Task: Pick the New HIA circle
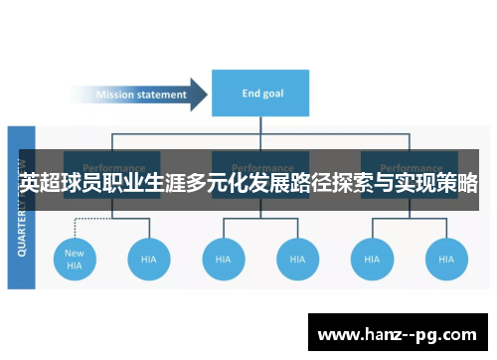coord(75,259)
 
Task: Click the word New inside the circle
coord(75,253)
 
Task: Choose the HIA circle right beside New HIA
coord(149,259)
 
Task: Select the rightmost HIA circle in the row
coord(447,259)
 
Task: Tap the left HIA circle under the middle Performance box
coord(224,259)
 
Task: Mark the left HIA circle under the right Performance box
coord(372,259)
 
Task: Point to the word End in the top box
coord(251,94)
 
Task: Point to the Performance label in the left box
coord(113,167)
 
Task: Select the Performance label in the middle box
coord(260,167)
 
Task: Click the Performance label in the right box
coord(410,167)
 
